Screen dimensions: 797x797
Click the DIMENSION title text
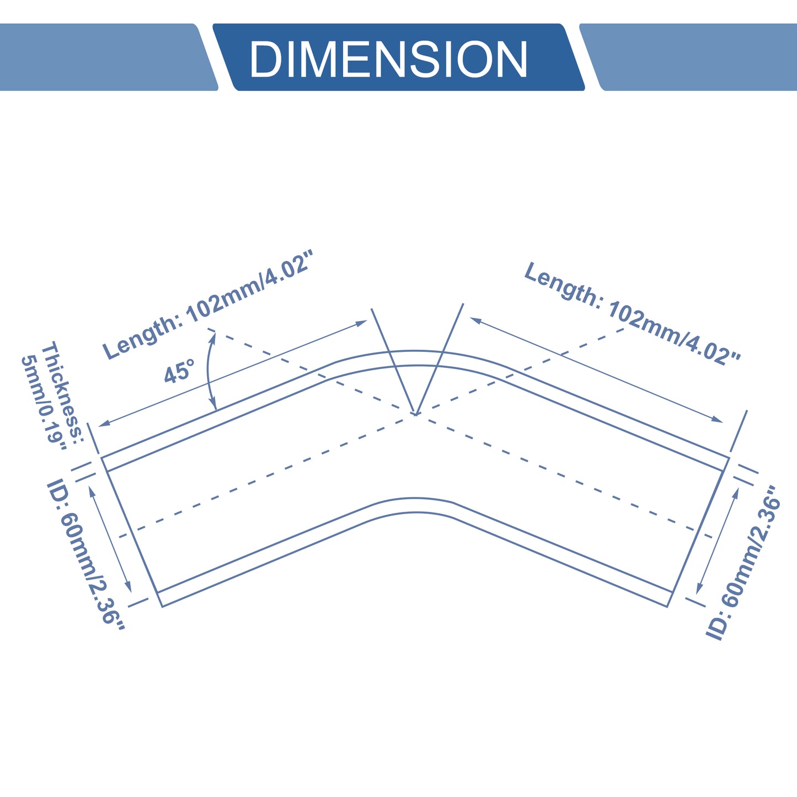point(388,58)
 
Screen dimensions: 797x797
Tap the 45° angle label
point(179,371)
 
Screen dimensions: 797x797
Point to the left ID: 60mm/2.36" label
point(85,554)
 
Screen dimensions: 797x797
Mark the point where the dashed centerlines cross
point(415,414)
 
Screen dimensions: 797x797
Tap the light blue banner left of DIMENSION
point(108,57)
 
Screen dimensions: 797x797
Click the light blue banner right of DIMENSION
point(688,57)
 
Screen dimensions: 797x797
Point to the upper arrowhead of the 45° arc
point(213,336)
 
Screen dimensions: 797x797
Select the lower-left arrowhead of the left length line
point(103,423)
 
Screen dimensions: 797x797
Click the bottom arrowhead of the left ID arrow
point(129,586)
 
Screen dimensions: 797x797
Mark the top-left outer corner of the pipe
point(101,457)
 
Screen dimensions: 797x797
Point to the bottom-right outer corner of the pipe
point(667,607)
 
